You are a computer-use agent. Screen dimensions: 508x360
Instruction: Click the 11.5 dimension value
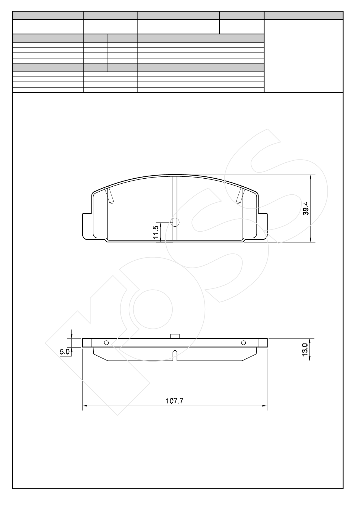(156, 232)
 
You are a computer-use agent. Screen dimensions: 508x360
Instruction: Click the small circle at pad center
(175, 222)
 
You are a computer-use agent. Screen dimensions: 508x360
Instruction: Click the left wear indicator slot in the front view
(110, 195)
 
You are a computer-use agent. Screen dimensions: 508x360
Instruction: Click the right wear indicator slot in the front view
(240, 195)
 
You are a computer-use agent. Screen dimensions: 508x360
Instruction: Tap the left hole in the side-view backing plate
(106, 343)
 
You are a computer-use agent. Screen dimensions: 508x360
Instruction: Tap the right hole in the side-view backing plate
(243, 343)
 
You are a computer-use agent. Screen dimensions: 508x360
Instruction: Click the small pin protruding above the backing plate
(175, 336)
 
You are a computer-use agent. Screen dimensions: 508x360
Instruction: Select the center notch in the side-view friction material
(175, 355)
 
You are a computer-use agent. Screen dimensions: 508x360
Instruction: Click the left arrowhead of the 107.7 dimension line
(85, 406)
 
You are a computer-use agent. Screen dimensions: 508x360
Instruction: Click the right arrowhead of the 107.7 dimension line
(265, 406)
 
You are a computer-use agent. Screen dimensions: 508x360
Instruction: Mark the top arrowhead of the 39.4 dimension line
(311, 177)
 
